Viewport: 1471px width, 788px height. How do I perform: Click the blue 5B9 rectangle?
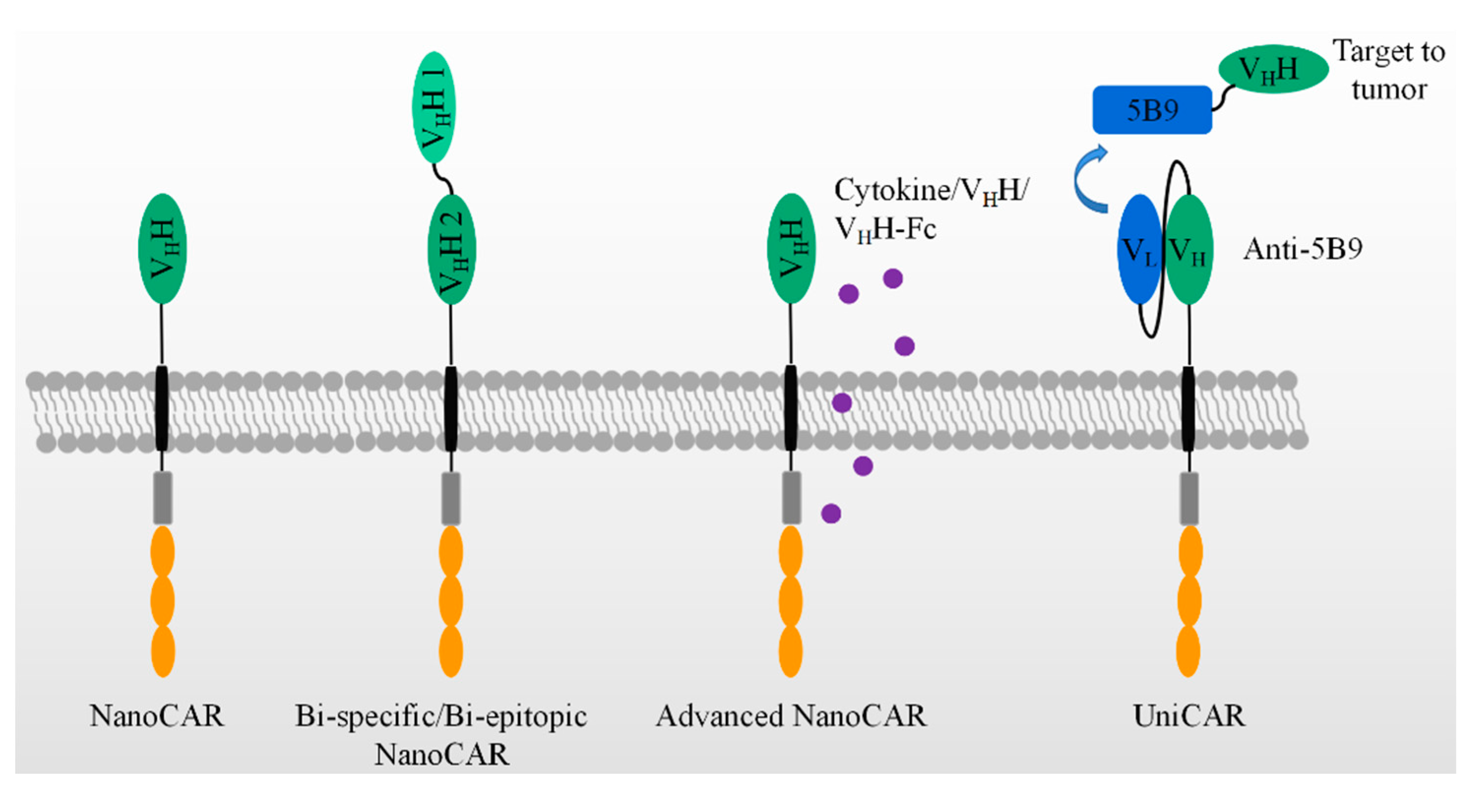[1152, 110]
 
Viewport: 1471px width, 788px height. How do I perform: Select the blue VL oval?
[1139, 249]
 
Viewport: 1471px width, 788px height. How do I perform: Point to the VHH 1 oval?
[434, 107]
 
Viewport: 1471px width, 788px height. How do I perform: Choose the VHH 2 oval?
[451, 249]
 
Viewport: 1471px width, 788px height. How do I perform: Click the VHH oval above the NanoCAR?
[163, 249]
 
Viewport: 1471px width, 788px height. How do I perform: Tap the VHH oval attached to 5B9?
[1273, 69]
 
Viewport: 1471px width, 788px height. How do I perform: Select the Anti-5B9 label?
[1303, 249]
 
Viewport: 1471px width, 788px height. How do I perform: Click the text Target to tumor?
[1389, 70]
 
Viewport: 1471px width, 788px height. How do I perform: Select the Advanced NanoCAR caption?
[791, 716]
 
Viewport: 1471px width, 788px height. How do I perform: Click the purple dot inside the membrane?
[842, 402]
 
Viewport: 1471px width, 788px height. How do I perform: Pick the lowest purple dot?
[831, 514]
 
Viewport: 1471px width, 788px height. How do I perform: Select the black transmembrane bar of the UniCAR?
[1188, 408]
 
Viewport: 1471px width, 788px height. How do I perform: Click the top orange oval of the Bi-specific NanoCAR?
[451, 551]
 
